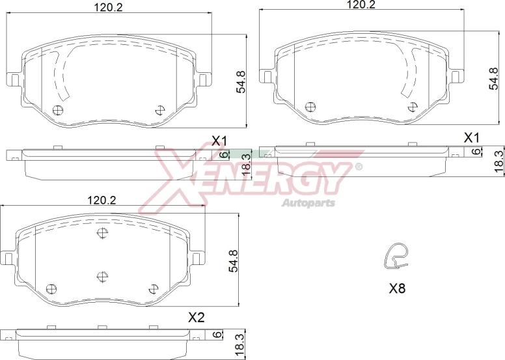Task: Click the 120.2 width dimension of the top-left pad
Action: pyautogui.click(x=109, y=7)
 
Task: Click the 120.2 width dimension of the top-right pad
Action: pyautogui.click(x=361, y=4)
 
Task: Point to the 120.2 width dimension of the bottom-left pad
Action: pyautogui.click(x=102, y=201)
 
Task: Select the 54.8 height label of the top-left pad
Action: pyautogui.click(x=241, y=82)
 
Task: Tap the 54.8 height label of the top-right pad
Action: pyautogui.click(x=493, y=78)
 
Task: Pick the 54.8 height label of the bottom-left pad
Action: pyautogui.click(x=233, y=261)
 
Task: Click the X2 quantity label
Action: pyautogui.click(x=196, y=318)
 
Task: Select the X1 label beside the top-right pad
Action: pyautogui.click(x=472, y=138)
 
